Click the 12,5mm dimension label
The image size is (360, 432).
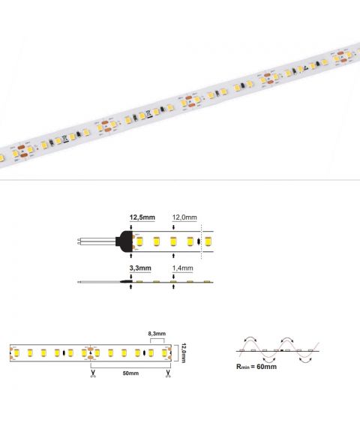click(x=142, y=217)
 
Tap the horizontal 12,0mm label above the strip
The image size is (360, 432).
click(x=184, y=217)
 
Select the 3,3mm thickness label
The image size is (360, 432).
click(x=140, y=268)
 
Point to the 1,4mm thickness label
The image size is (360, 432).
click(x=182, y=268)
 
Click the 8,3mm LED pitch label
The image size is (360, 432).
click(x=157, y=334)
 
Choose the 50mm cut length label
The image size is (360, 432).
click(x=130, y=373)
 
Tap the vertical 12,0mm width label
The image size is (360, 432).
click(x=184, y=353)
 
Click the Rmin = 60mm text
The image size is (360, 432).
click(x=256, y=367)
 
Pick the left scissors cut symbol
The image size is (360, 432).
click(x=93, y=373)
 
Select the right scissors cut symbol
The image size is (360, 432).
click(x=168, y=373)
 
